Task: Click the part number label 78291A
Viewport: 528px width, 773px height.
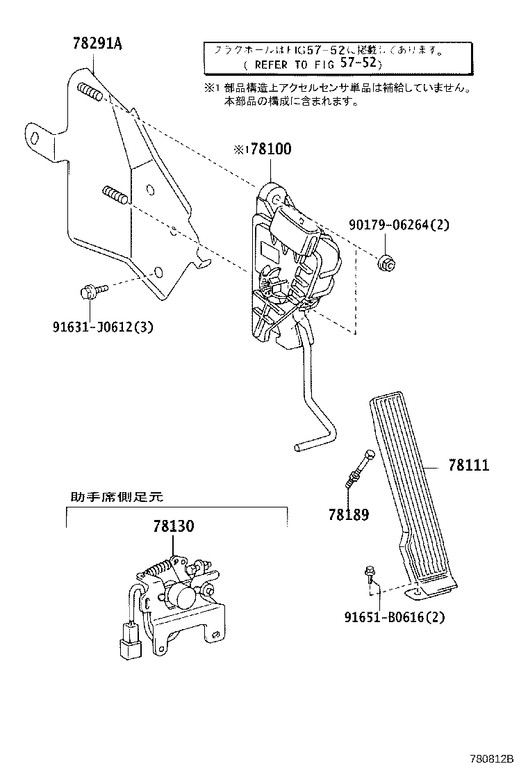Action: [96, 44]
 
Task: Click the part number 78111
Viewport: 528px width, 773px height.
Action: [468, 465]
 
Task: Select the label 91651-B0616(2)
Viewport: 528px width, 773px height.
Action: [394, 617]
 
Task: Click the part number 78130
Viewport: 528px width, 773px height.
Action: [174, 526]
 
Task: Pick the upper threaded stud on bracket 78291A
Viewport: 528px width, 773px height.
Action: [92, 91]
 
